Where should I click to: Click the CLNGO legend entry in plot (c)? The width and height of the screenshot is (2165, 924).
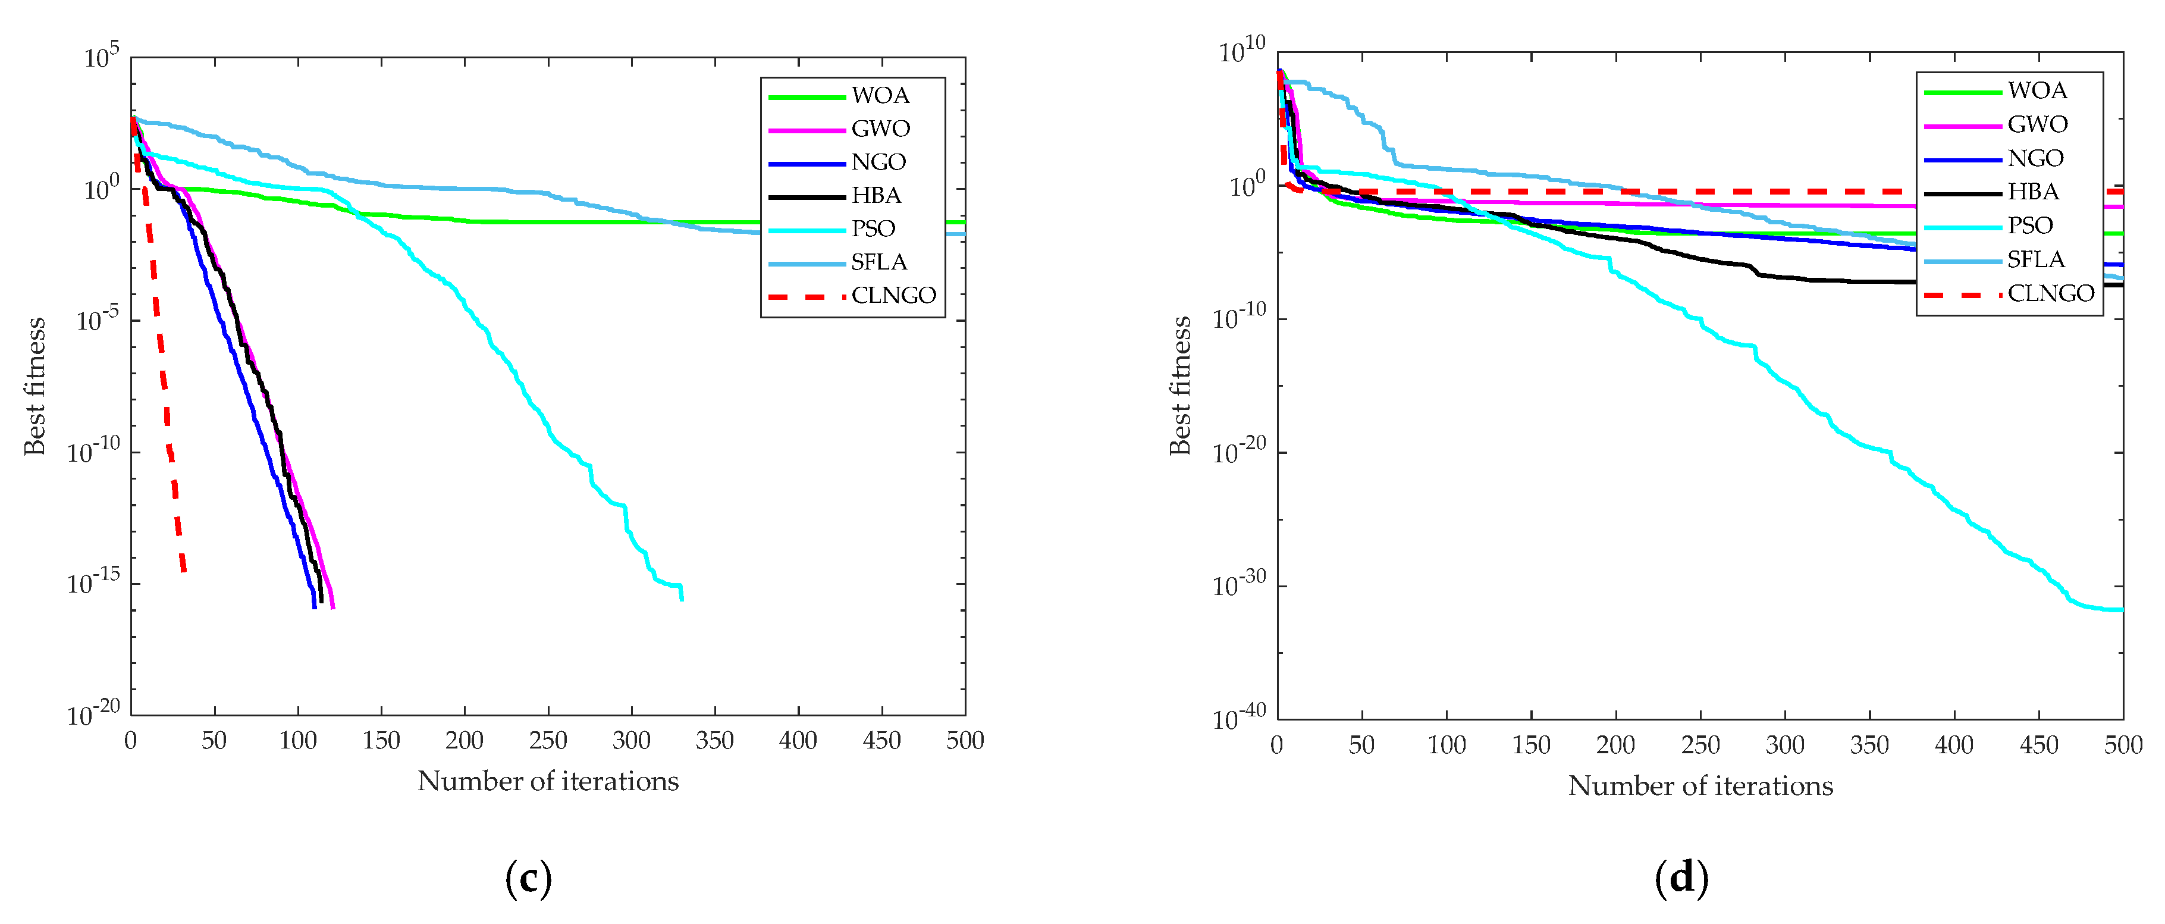point(893,296)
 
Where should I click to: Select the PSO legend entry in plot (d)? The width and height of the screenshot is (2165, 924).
point(2029,225)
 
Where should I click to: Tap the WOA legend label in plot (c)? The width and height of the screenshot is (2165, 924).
point(880,96)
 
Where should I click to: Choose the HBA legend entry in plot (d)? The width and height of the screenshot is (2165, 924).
point(2032,192)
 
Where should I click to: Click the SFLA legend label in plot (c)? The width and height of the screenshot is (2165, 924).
point(878,262)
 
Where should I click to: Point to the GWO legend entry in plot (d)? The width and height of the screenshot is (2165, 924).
point(2037,124)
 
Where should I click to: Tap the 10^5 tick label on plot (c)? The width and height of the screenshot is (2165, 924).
point(102,57)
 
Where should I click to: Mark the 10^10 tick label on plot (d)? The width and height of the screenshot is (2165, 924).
point(1241,51)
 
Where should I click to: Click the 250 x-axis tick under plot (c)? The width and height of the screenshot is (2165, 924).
point(548,741)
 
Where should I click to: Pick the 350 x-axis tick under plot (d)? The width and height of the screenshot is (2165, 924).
point(1869,745)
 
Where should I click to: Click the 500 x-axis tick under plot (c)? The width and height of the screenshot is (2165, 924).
point(965,741)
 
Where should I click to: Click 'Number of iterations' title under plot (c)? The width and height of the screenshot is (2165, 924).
point(548,781)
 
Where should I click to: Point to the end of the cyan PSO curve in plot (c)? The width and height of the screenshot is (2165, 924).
point(682,599)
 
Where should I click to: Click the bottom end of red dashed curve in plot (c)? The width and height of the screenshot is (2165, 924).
point(183,571)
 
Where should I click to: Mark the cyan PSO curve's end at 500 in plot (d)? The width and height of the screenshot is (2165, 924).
point(2120,609)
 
